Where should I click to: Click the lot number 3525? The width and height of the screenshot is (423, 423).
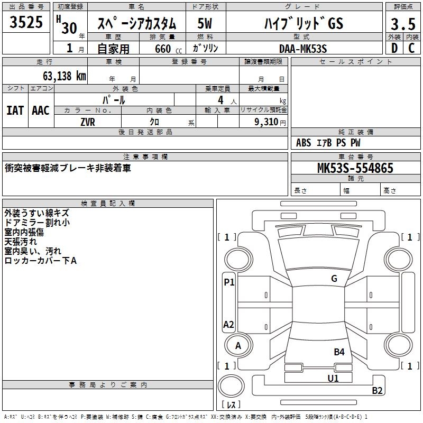[x=26, y=23]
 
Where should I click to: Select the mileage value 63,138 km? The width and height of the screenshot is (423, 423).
[x=65, y=76]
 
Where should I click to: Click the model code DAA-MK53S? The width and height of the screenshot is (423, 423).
[x=303, y=49]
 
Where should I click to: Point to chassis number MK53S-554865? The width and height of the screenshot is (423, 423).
[x=355, y=168]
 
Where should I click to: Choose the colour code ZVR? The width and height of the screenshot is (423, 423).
[x=88, y=122]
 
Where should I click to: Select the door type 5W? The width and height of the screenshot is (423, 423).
[x=205, y=24]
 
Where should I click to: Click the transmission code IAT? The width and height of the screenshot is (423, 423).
[x=15, y=111]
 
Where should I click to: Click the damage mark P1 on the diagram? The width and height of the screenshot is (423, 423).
[x=229, y=282]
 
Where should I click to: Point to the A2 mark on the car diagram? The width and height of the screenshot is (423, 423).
[x=229, y=325]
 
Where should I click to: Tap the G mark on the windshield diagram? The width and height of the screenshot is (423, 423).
[x=334, y=279]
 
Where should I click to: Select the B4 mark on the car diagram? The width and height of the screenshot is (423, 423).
[x=339, y=352]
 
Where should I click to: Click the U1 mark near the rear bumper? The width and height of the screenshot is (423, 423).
[x=333, y=378]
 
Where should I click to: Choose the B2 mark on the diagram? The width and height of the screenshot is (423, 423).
[x=378, y=391]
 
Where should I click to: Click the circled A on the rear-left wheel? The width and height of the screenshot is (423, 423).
[x=238, y=346]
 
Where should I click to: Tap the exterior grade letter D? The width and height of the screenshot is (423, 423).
[x=393, y=49]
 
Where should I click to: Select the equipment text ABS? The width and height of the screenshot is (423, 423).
[x=304, y=143]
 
